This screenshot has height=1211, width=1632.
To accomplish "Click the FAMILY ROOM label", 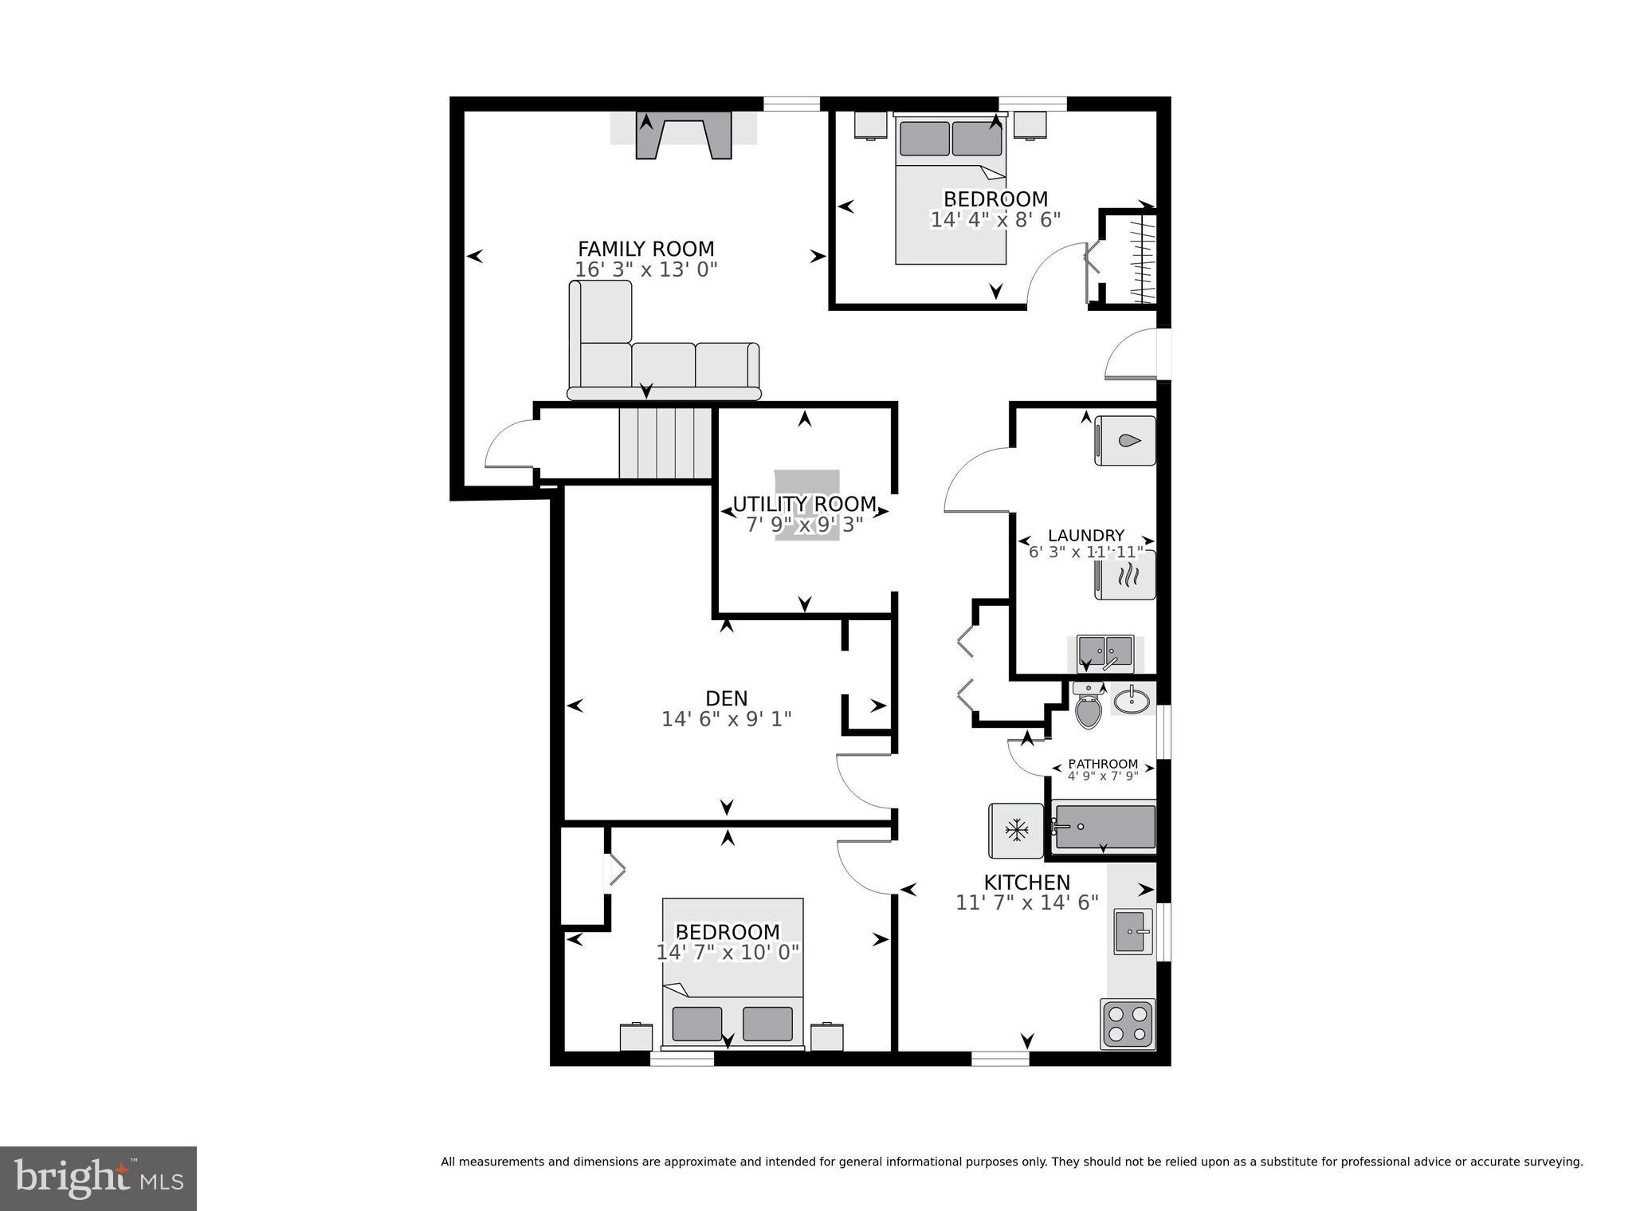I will click(x=645, y=249).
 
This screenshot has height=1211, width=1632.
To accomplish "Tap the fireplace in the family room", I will click(x=683, y=135).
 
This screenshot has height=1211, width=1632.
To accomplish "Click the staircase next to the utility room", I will click(x=665, y=442).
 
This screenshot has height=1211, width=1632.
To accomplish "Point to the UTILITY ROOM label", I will click(x=804, y=504).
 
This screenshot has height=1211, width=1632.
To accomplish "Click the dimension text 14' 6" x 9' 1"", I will click(x=726, y=719).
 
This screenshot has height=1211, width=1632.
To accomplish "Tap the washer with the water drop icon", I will click(x=1124, y=441).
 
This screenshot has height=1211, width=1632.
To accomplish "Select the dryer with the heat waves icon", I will click(x=1124, y=575).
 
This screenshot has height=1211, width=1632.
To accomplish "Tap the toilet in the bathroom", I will click(x=1087, y=706).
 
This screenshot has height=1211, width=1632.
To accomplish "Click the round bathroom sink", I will click(x=1131, y=701).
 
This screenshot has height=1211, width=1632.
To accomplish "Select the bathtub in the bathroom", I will click(x=1104, y=827).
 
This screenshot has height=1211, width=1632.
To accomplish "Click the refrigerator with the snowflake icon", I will click(x=1016, y=831).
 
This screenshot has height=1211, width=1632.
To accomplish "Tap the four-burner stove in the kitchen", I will click(x=1127, y=1024).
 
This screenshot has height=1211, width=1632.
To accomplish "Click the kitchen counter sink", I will click(x=1132, y=930).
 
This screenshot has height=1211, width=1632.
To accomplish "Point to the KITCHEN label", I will click(x=1026, y=883).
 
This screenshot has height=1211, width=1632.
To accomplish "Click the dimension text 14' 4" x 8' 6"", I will click(x=995, y=219).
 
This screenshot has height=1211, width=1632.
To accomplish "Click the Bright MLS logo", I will click(x=98, y=1178).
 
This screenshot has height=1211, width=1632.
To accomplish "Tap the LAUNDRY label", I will click(x=1085, y=536).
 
